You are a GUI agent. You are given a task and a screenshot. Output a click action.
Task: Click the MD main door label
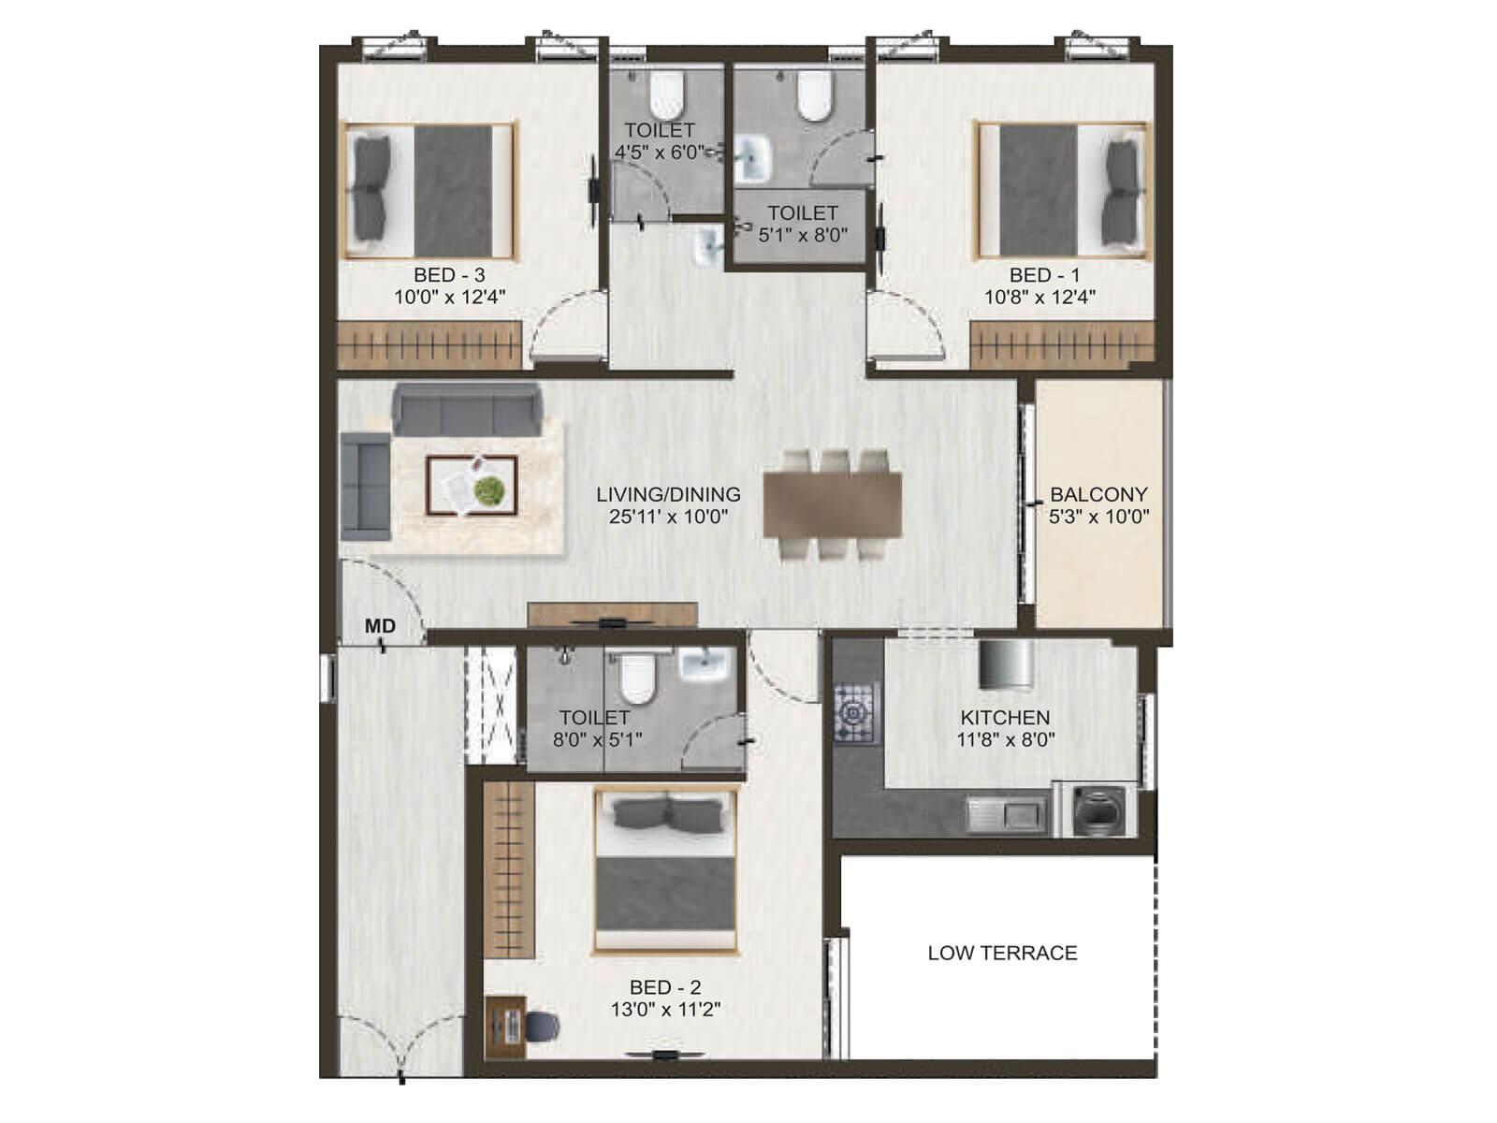[x=380, y=626]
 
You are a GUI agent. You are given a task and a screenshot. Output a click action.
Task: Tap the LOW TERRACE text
[x=1002, y=953]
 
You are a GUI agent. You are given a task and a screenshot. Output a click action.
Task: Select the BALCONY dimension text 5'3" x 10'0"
[x=1099, y=517]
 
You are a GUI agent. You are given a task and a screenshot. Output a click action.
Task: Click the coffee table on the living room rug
[x=472, y=486]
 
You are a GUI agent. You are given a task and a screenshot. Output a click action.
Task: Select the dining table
[x=833, y=504]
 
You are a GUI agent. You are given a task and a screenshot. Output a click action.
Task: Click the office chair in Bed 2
[x=540, y=1027]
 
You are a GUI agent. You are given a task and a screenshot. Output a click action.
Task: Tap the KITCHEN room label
[x=1005, y=718]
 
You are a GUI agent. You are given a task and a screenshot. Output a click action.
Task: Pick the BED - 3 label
[x=449, y=275]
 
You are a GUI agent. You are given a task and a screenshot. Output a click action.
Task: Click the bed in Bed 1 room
[x=1062, y=190]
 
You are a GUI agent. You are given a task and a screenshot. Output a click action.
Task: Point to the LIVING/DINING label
[x=668, y=494]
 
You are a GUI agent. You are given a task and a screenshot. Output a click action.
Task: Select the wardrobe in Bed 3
[x=429, y=345]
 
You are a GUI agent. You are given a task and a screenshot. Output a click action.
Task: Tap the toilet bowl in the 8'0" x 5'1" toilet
[x=637, y=678]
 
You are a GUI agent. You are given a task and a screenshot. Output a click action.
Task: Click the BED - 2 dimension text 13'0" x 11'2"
[x=665, y=1010]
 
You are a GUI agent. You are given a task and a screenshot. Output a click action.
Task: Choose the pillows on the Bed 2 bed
[x=665, y=815]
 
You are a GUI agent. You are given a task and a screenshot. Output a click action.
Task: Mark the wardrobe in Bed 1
[x=1061, y=345]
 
